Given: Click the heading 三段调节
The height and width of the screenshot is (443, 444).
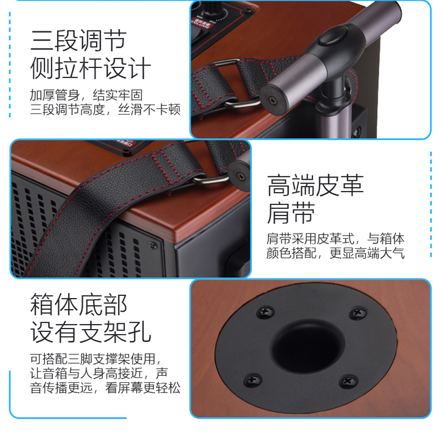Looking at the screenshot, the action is point(78,40).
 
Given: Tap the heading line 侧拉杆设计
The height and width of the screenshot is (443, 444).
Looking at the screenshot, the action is point(90,68).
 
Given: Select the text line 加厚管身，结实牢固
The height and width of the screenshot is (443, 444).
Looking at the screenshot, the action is point(86,95).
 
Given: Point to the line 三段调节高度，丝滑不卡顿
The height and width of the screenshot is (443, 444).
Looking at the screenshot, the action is point(105,109).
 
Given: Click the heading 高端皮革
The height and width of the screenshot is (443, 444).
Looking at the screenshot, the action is point(315,185).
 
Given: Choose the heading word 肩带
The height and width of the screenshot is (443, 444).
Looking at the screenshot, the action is point(291,213).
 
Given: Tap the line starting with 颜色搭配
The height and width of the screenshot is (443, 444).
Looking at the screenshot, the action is point(336,253).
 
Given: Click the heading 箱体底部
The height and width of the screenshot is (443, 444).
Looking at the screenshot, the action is point(79,304).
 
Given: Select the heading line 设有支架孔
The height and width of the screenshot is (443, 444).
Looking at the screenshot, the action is point(90,332).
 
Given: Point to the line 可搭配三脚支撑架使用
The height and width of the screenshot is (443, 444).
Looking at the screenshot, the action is point(96,359).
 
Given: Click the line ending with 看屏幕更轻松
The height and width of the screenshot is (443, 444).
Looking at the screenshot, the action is point(105,387).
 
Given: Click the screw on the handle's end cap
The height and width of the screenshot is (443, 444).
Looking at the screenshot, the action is point(273,100).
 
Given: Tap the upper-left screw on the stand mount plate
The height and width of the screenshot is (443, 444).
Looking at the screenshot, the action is point(265,312).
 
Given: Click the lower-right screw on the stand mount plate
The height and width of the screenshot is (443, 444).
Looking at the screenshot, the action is point(348,382).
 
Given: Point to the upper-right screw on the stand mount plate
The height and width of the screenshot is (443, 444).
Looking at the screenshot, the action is point(358,313).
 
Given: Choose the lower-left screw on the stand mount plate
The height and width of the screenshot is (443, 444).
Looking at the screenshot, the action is point(252,380).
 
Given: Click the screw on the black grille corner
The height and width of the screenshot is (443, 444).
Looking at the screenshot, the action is point(153,245).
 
